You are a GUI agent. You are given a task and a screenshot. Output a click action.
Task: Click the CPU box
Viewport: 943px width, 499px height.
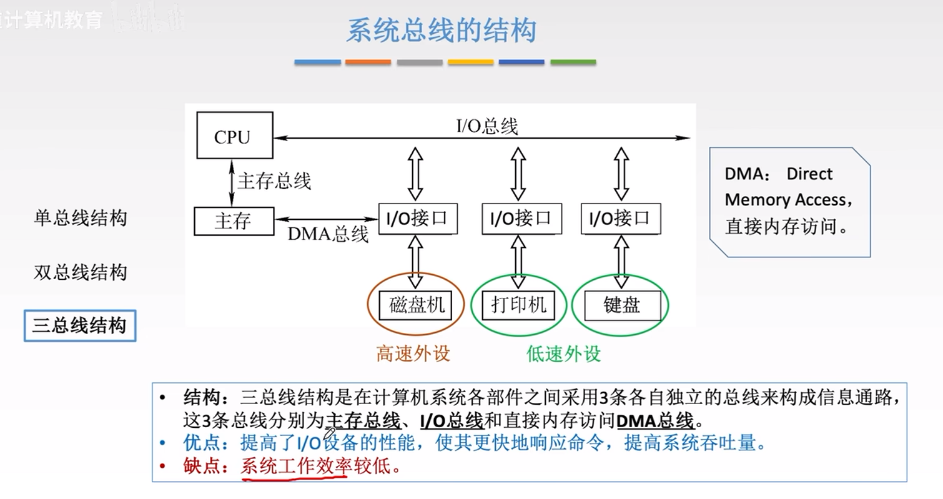click(x=234, y=136)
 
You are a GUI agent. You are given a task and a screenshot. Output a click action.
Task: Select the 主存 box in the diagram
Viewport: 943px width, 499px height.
click(x=233, y=221)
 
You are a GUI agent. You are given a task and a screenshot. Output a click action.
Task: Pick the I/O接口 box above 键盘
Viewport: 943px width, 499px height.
click(x=620, y=219)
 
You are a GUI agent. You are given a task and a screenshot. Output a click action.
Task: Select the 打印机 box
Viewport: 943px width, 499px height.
click(x=518, y=305)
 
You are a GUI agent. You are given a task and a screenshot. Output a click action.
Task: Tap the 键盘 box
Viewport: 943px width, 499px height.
click(x=622, y=305)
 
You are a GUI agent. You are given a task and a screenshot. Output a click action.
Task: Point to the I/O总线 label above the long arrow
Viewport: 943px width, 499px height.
click(x=487, y=126)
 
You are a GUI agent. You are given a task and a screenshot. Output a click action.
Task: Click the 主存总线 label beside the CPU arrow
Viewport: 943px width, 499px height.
click(x=274, y=182)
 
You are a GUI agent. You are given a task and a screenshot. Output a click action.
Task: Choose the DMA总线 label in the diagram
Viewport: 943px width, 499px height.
click(x=328, y=234)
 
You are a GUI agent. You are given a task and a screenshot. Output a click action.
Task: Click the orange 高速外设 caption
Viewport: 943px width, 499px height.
click(x=413, y=354)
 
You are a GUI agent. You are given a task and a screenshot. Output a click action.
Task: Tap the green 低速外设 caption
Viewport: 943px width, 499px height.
click(x=563, y=354)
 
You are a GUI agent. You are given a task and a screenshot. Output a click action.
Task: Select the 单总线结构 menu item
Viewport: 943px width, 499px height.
click(x=81, y=218)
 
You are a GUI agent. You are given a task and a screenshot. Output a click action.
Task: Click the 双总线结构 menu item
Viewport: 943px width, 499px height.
click(x=81, y=272)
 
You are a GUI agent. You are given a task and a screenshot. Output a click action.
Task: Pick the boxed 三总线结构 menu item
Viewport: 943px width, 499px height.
click(x=79, y=325)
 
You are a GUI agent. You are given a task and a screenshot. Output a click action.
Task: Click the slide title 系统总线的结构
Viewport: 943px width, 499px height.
click(x=441, y=31)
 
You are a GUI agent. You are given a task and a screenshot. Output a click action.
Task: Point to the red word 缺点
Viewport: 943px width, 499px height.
click(x=203, y=466)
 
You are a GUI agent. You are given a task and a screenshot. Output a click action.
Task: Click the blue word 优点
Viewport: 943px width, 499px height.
click(x=203, y=443)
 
